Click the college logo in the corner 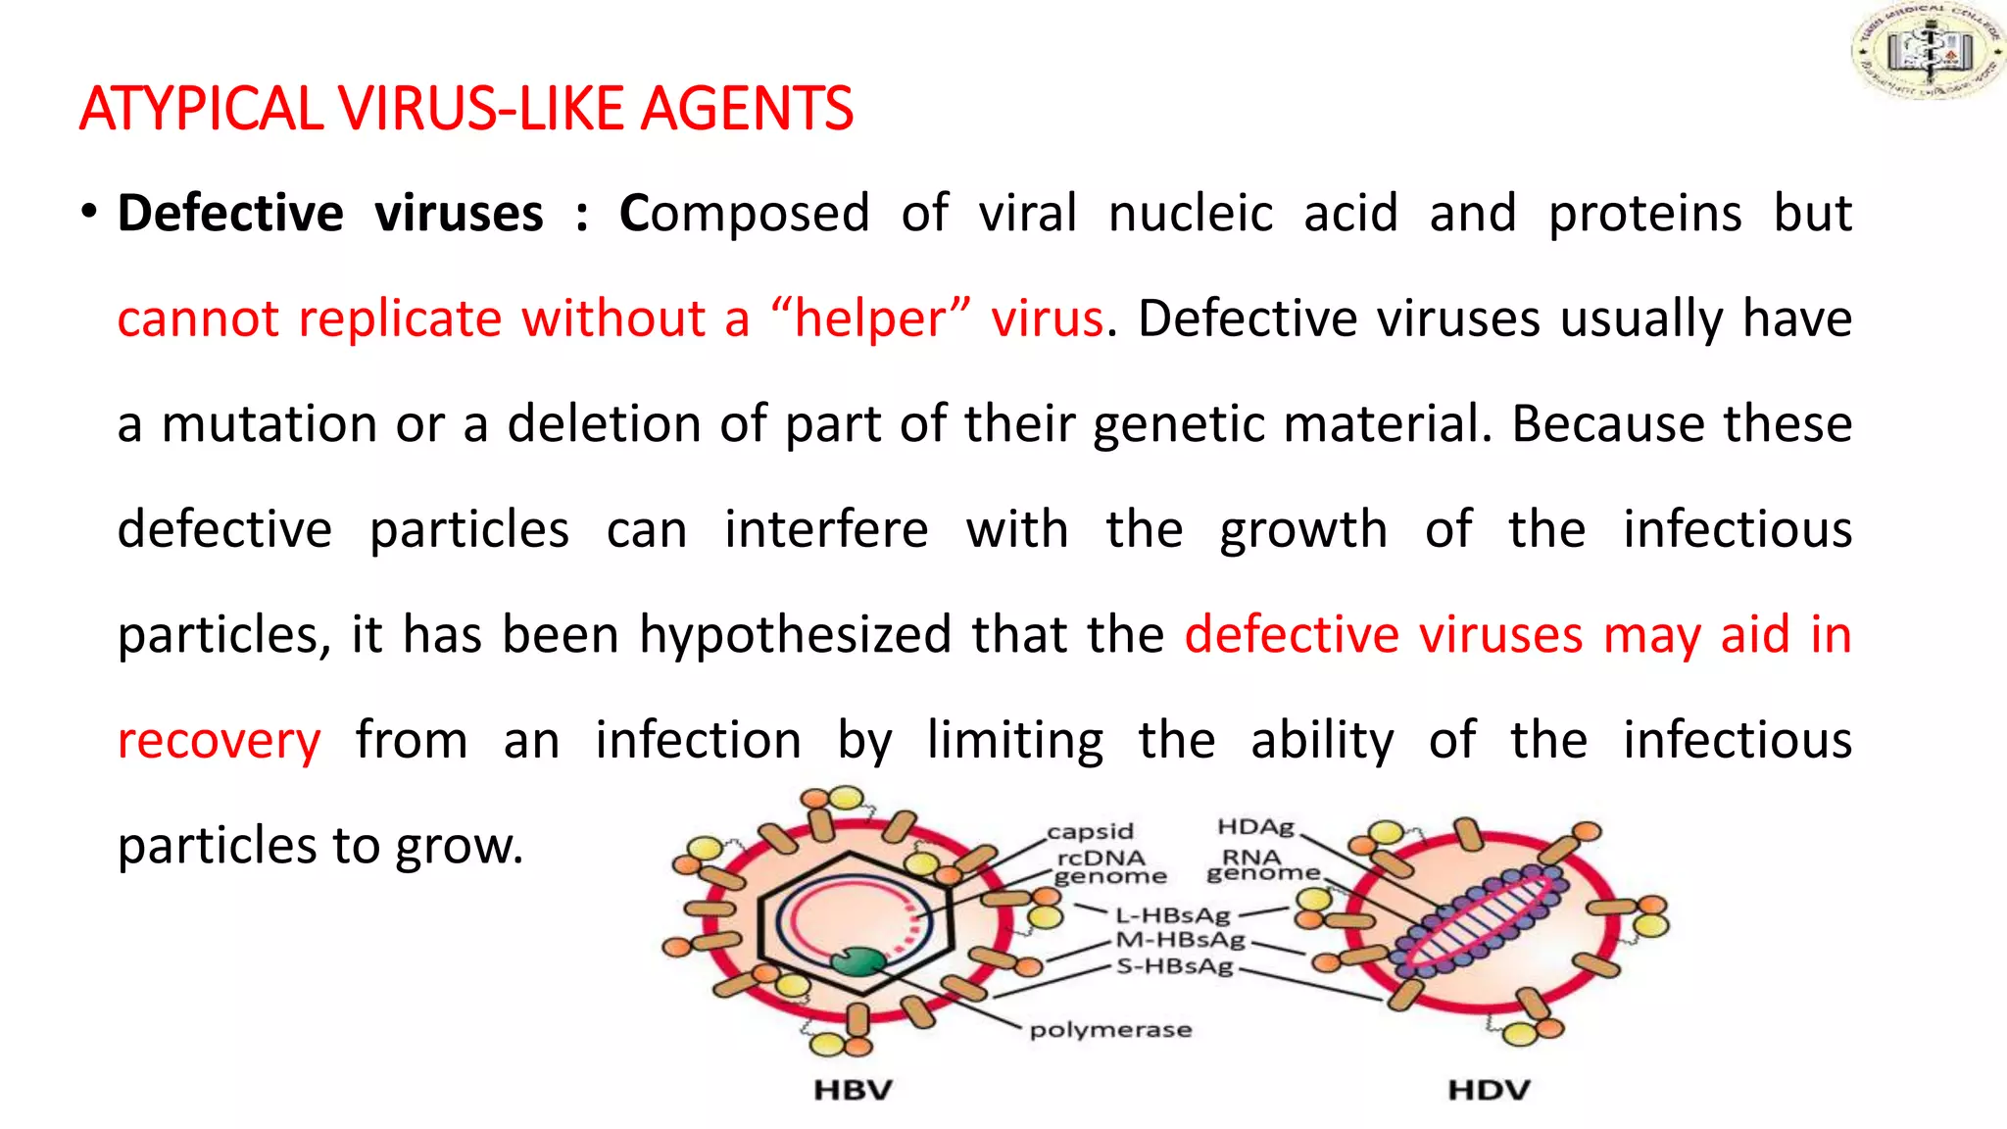tap(1927, 51)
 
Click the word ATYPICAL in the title tap(201, 109)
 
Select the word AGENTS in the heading tap(746, 109)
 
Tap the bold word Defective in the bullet tap(230, 214)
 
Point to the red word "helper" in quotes tap(870, 319)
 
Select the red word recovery tap(219, 740)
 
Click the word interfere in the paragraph tap(826, 530)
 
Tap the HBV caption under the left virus tap(853, 1090)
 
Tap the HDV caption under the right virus tap(1489, 1090)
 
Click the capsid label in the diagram tap(1090, 831)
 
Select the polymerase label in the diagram tap(1110, 1029)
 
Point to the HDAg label tap(1255, 827)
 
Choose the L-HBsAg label tap(1172, 915)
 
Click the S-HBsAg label tap(1174, 966)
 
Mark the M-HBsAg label tap(1180, 940)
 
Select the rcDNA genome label tap(1106, 866)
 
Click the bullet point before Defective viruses tap(89, 212)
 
